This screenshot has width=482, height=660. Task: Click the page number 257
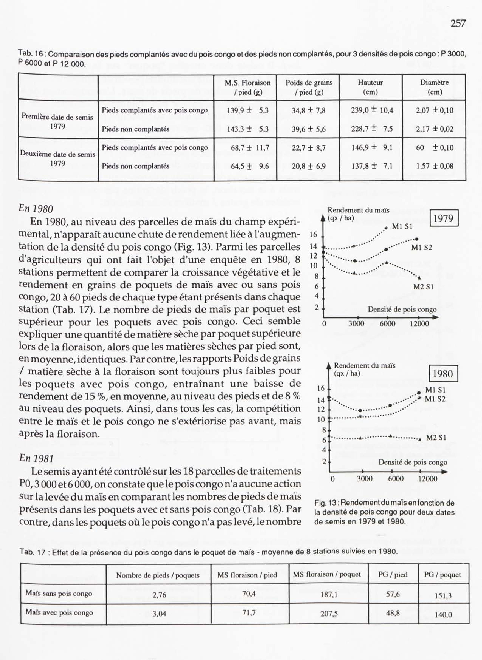coord(458,23)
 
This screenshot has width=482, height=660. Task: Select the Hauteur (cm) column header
coord(370,87)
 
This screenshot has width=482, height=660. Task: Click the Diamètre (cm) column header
coord(434,87)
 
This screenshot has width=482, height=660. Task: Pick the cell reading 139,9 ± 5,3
coord(247,110)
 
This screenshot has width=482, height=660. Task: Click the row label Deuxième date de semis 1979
coord(58,158)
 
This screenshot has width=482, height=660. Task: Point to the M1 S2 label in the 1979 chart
coord(422,248)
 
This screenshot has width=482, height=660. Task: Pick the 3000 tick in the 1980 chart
coord(364,479)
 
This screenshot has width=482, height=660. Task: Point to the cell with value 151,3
coord(443,596)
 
